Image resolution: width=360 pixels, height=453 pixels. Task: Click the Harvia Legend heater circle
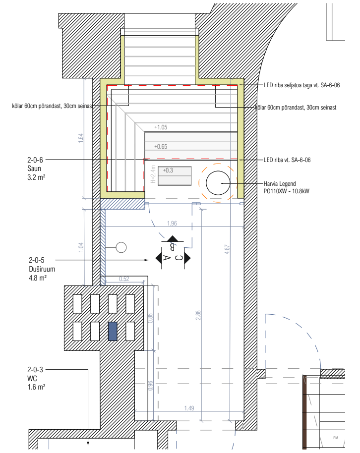coord(218,183)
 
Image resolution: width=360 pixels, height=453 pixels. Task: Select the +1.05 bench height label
coord(161,127)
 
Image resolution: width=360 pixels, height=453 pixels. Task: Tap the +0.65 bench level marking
coord(161,147)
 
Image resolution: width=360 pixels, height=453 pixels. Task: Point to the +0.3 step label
coord(168,170)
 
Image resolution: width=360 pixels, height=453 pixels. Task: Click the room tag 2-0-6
coord(36,160)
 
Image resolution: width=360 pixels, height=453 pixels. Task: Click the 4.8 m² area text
coord(38,278)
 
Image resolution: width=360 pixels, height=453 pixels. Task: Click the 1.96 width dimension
coord(172,223)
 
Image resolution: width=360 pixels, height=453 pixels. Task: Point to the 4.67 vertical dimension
coord(227,249)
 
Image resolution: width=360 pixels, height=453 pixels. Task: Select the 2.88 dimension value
coord(198,315)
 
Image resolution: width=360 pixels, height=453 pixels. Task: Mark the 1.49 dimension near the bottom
coord(188,408)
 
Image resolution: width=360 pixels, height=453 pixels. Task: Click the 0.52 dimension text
coord(124,279)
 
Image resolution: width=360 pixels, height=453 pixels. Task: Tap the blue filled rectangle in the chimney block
coord(113,332)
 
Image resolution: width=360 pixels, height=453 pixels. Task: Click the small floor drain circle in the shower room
coord(121,247)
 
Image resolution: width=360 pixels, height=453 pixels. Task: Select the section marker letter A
coord(167,258)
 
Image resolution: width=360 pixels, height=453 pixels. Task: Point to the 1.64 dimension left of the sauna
coord(81,138)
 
